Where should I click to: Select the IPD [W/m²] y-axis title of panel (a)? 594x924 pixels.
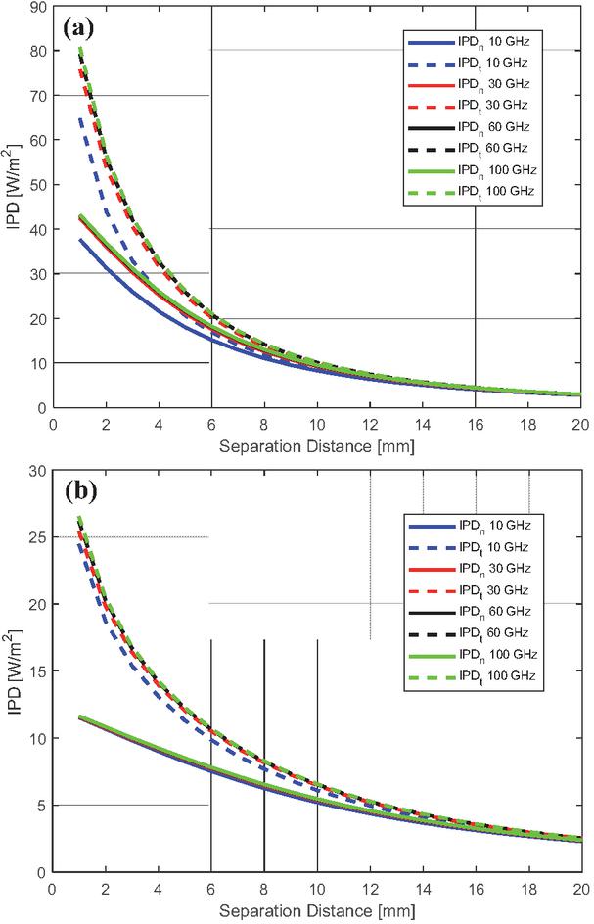pos(14,208)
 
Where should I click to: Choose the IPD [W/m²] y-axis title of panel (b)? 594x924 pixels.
pos(14,671)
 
